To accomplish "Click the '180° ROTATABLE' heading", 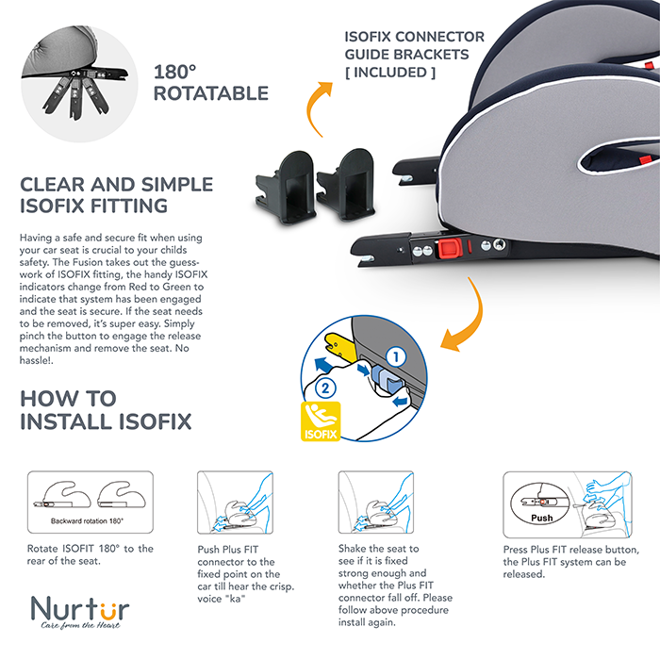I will (210, 83).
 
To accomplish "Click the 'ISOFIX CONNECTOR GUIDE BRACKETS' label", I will (415, 46).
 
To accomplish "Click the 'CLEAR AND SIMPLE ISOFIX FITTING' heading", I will (116, 194).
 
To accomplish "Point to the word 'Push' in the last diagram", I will (541, 518).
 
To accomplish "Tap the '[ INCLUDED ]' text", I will (392, 72).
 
